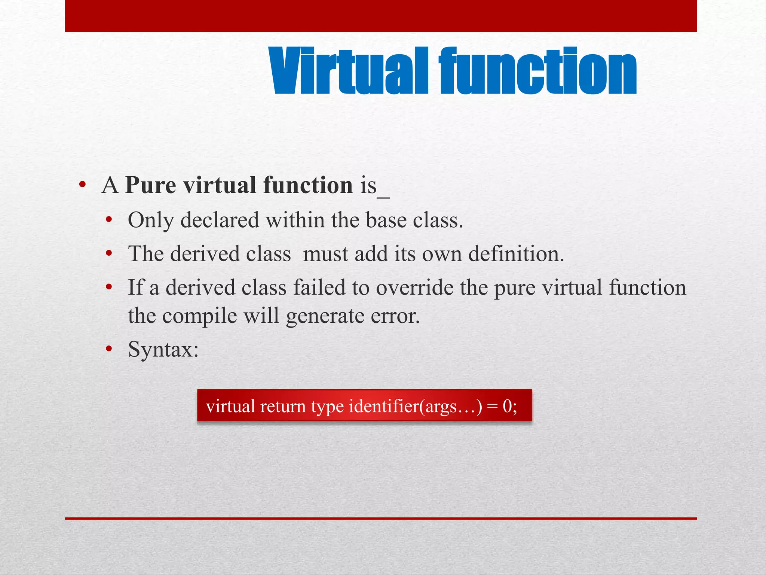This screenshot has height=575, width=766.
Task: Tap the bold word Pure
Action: (150, 185)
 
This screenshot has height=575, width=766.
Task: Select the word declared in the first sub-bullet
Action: (220, 220)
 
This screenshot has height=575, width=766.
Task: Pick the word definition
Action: (516, 254)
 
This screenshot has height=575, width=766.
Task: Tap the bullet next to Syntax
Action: (109, 350)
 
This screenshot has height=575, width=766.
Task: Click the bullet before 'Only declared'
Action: (109, 220)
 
